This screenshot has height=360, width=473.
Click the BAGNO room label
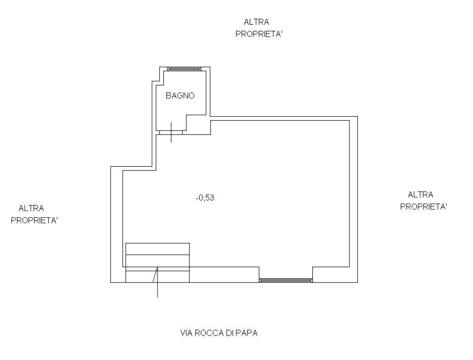pyautogui.click(x=180, y=96)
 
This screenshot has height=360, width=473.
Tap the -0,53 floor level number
pyautogui.click(x=205, y=198)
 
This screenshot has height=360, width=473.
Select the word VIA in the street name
pyautogui.click(x=186, y=333)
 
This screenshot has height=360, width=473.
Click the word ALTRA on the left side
pyautogui.click(x=31, y=208)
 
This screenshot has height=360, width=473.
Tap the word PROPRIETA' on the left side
pyautogui.click(x=34, y=220)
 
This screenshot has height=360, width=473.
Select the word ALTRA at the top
pyautogui.click(x=256, y=22)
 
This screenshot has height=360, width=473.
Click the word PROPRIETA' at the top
pyautogui.click(x=259, y=34)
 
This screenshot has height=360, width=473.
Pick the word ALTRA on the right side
pyautogui.click(x=421, y=195)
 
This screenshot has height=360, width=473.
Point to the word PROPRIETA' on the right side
pyautogui.click(x=423, y=207)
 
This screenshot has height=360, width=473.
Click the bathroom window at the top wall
pyautogui.click(x=184, y=69)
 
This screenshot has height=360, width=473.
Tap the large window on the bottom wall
pyautogui.click(x=286, y=281)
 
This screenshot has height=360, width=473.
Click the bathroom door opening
pyautogui.click(x=171, y=132)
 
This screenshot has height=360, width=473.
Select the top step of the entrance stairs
pyautogui.click(x=158, y=249)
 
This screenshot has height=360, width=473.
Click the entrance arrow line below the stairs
pyautogui.click(x=158, y=282)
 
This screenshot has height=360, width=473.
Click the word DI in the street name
pyautogui.click(x=229, y=333)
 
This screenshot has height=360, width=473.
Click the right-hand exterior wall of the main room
pyautogui.click(x=354, y=199)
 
